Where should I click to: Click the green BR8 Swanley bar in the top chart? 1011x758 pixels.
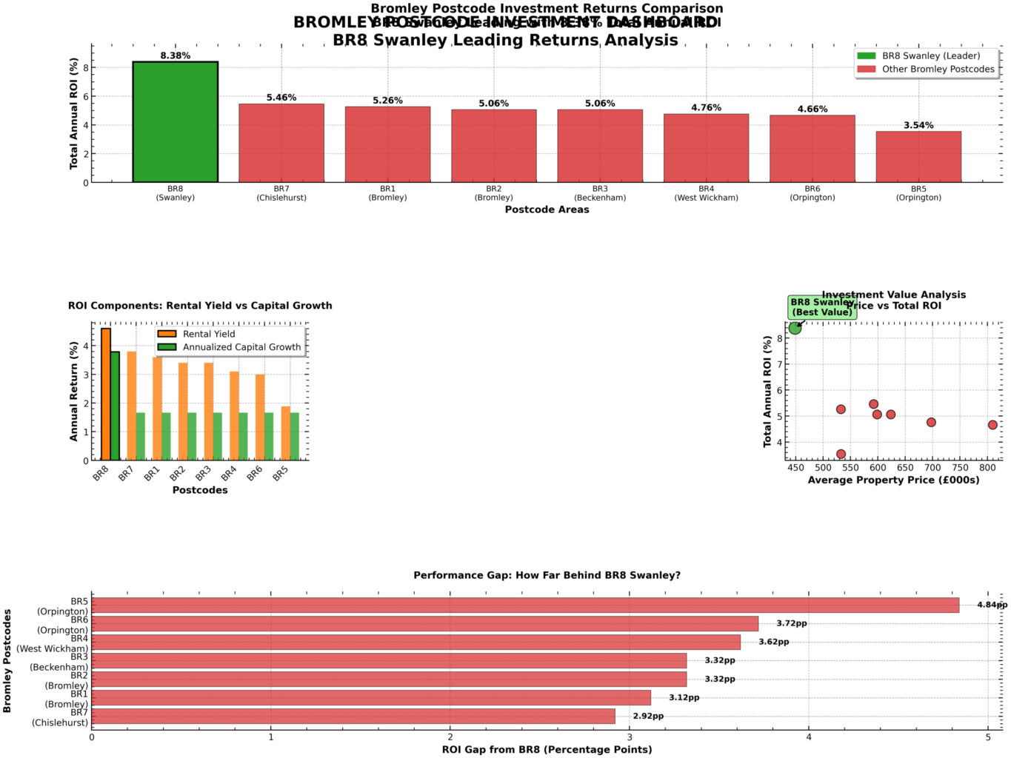[175, 122]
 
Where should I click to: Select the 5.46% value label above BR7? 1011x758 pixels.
[281, 98]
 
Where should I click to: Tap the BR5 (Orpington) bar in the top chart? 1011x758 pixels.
[918, 157]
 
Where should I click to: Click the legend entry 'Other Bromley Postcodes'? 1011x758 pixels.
[938, 70]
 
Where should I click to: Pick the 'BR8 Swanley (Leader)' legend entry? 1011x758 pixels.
[930, 56]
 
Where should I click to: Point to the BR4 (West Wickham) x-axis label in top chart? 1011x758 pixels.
[706, 193]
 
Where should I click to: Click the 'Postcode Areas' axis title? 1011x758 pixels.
[547, 209]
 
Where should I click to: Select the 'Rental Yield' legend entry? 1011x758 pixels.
[208, 334]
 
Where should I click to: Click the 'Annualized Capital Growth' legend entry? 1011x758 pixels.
[241, 347]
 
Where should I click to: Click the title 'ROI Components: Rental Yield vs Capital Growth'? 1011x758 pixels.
[200, 306]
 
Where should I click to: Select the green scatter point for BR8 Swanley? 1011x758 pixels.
[795, 328]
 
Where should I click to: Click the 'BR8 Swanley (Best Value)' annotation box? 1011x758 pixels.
[821, 307]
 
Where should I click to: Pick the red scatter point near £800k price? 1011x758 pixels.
[992, 425]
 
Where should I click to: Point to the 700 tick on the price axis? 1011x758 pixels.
[932, 468]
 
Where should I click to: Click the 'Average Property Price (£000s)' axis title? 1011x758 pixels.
[893, 480]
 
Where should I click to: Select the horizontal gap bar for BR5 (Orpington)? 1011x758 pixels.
[525, 606]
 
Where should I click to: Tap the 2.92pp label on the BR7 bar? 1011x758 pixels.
[648, 717]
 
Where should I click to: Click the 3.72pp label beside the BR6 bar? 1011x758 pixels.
[791, 624]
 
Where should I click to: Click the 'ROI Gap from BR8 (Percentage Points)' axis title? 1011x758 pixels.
[547, 750]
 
